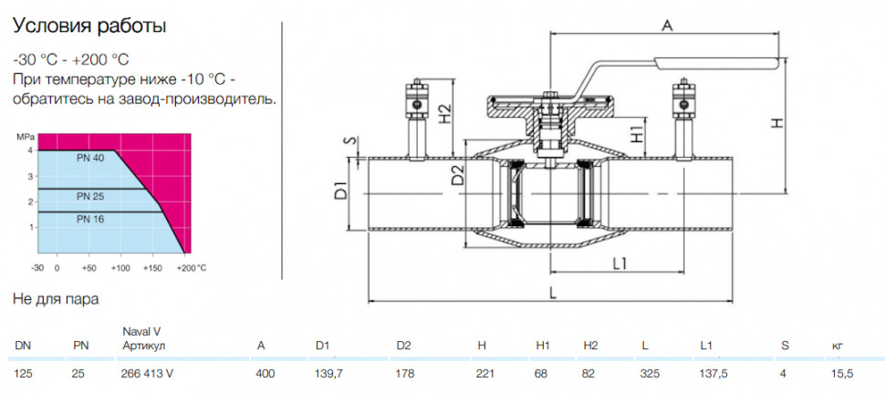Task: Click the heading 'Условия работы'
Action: coord(89,27)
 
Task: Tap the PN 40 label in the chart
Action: coord(90,159)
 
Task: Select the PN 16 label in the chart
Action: coord(90,219)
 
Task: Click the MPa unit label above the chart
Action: coord(25,137)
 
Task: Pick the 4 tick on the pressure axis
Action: coord(31,150)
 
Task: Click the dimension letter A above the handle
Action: coord(668,25)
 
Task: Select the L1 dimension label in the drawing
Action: coord(620,263)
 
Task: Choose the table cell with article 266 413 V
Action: coord(147,373)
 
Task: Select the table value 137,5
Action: coord(713,373)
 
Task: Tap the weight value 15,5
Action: coord(843,373)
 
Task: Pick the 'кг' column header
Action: coord(837,346)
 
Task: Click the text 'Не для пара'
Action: coord(56,299)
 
